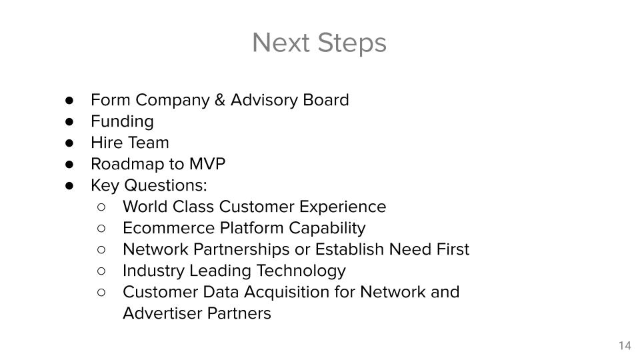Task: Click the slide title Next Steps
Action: (x=319, y=43)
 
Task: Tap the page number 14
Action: (x=625, y=346)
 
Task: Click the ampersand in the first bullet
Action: (x=219, y=100)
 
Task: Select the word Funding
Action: (x=122, y=122)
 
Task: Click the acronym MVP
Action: (x=207, y=164)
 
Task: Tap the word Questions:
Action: (x=165, y=185)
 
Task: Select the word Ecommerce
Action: (x=169, y=228)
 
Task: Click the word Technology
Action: (x=301, y=271)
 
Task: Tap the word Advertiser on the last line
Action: (x=163, y=313)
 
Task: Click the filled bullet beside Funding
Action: (x=69, y=121)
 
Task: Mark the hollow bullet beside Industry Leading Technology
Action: (x=101, y=271)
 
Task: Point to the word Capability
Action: (x=327, y=229)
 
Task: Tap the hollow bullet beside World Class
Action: (x=101, y=207)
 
